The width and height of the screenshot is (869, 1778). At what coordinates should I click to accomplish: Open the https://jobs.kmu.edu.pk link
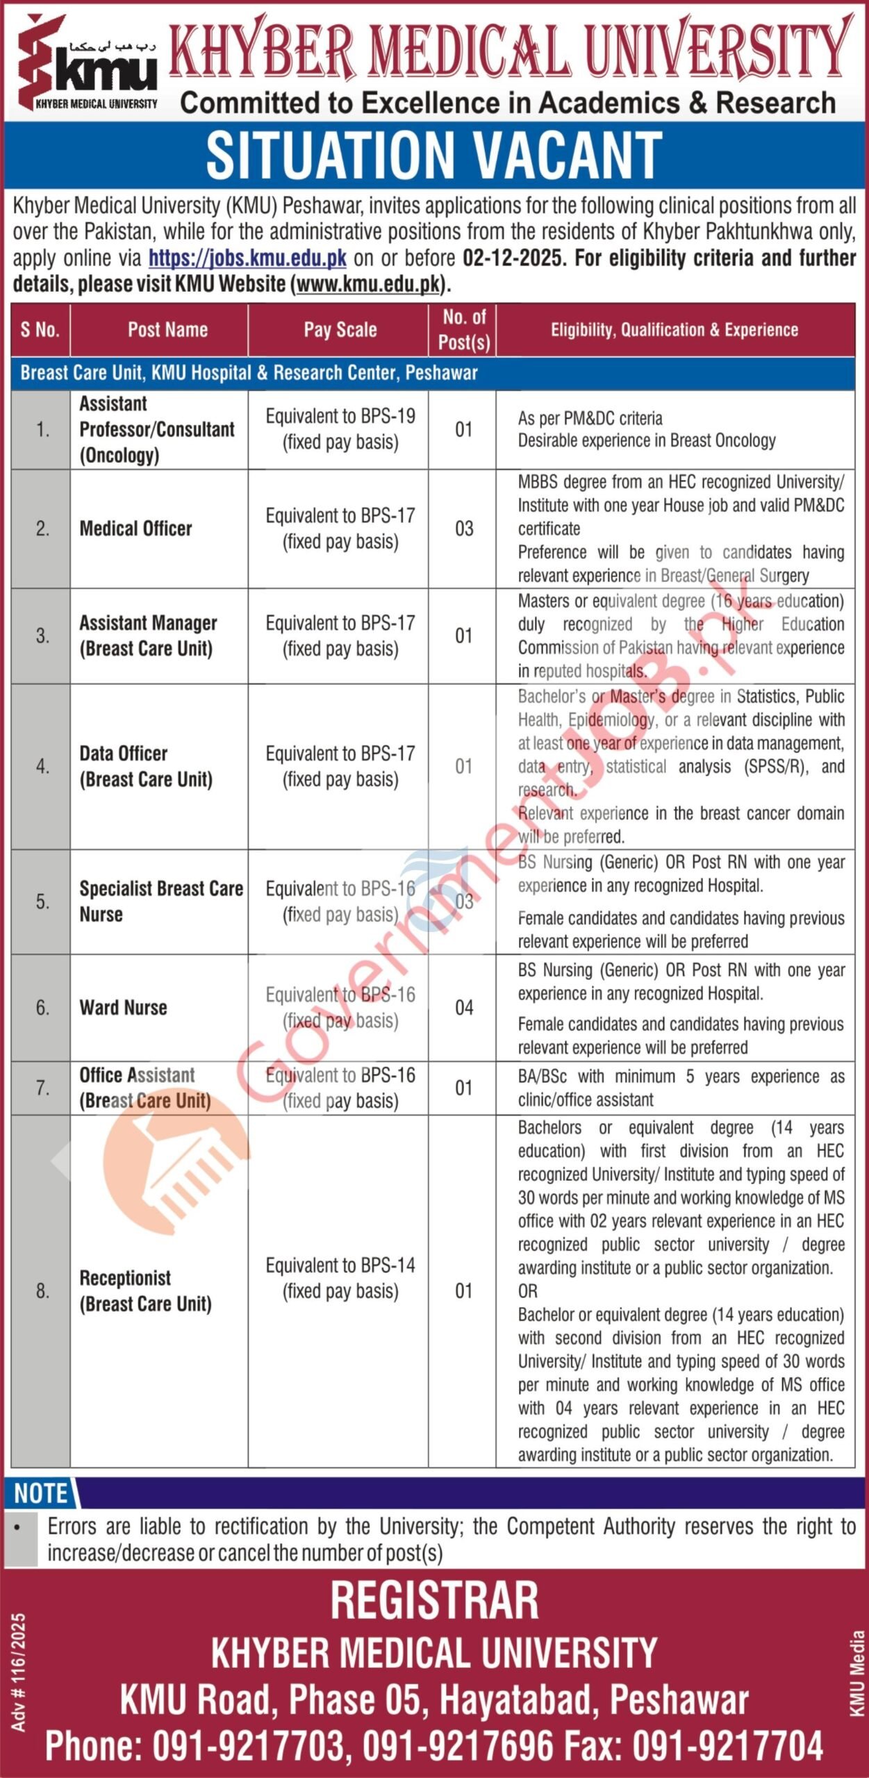click(x=247, y=258)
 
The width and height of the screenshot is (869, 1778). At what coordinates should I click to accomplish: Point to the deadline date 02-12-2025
click(x=512, y=258)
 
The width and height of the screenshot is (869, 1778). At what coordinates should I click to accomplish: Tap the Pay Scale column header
click(x=340, y=330)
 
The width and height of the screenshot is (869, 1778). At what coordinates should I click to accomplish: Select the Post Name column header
click(x=167, y=330)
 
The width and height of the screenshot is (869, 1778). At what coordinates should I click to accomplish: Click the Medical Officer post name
click(x=135, y=529)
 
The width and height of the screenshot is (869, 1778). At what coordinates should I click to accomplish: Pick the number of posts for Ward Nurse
click(x=464, y=1008)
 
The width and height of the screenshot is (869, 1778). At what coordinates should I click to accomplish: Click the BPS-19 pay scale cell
click(x=340, y=429)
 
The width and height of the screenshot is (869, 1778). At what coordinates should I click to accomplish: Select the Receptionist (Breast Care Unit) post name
click(x=145, y=1291)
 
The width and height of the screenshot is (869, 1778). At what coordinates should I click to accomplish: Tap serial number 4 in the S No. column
click(x=42, y=766)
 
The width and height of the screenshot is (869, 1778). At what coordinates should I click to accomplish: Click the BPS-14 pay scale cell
click(x=340, y=1279)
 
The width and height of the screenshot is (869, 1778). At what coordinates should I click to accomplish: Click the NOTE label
click(x=41, y=1493)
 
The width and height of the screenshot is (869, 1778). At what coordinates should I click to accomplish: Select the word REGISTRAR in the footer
click(x=434, y=1601)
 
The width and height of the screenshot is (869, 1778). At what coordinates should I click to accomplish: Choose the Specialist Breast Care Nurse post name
click(x=160, y=902)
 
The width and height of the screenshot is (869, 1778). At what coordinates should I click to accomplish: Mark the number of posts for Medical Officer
click(x=464, y=529)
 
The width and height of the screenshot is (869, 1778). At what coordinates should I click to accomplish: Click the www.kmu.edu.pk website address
click(x=368, y=284)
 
